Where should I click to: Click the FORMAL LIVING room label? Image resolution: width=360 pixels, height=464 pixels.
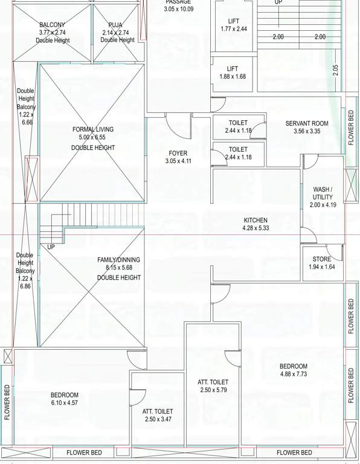(92, 129)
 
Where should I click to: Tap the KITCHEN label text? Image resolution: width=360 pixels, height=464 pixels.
(255, 220)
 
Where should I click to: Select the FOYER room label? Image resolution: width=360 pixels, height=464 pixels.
(178, 153)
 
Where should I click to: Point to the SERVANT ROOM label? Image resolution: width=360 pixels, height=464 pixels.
(307, 124)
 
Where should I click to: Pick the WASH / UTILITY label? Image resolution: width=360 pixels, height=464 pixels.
(322, 193)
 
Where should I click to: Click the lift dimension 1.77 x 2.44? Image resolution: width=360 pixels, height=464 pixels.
(233, 29)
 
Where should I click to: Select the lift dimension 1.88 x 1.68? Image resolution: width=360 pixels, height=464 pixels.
(233, 77)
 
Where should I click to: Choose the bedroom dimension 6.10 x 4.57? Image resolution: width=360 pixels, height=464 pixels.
(64, 403)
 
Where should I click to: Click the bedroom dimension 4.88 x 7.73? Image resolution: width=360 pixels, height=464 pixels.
(294, 375)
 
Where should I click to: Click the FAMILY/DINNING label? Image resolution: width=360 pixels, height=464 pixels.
(118, 260)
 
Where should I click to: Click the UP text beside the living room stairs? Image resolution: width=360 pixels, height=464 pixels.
(51, 247)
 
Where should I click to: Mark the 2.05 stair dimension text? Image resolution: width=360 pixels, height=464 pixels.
(336, 69)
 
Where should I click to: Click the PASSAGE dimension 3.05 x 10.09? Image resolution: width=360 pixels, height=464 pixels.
(178, 9)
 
